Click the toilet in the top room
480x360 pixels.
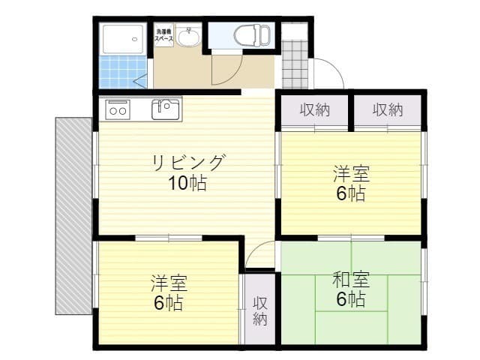point(250,34)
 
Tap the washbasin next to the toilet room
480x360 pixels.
point(188,37)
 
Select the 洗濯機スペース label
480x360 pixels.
point(163,34)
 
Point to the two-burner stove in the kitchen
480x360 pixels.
point(118,109)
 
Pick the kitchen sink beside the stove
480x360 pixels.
point(166,109)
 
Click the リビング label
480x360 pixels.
point(187,162)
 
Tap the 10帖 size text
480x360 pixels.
point(187,183)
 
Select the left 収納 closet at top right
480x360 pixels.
point(315,110)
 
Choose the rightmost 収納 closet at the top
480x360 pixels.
point(388,110)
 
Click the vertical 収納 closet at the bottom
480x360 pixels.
point(259,310)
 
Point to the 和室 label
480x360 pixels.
point(350,281)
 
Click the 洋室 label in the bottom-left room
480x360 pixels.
point(169,284)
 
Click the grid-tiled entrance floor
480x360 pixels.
point(295,64)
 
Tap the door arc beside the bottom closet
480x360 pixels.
point(259,257)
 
